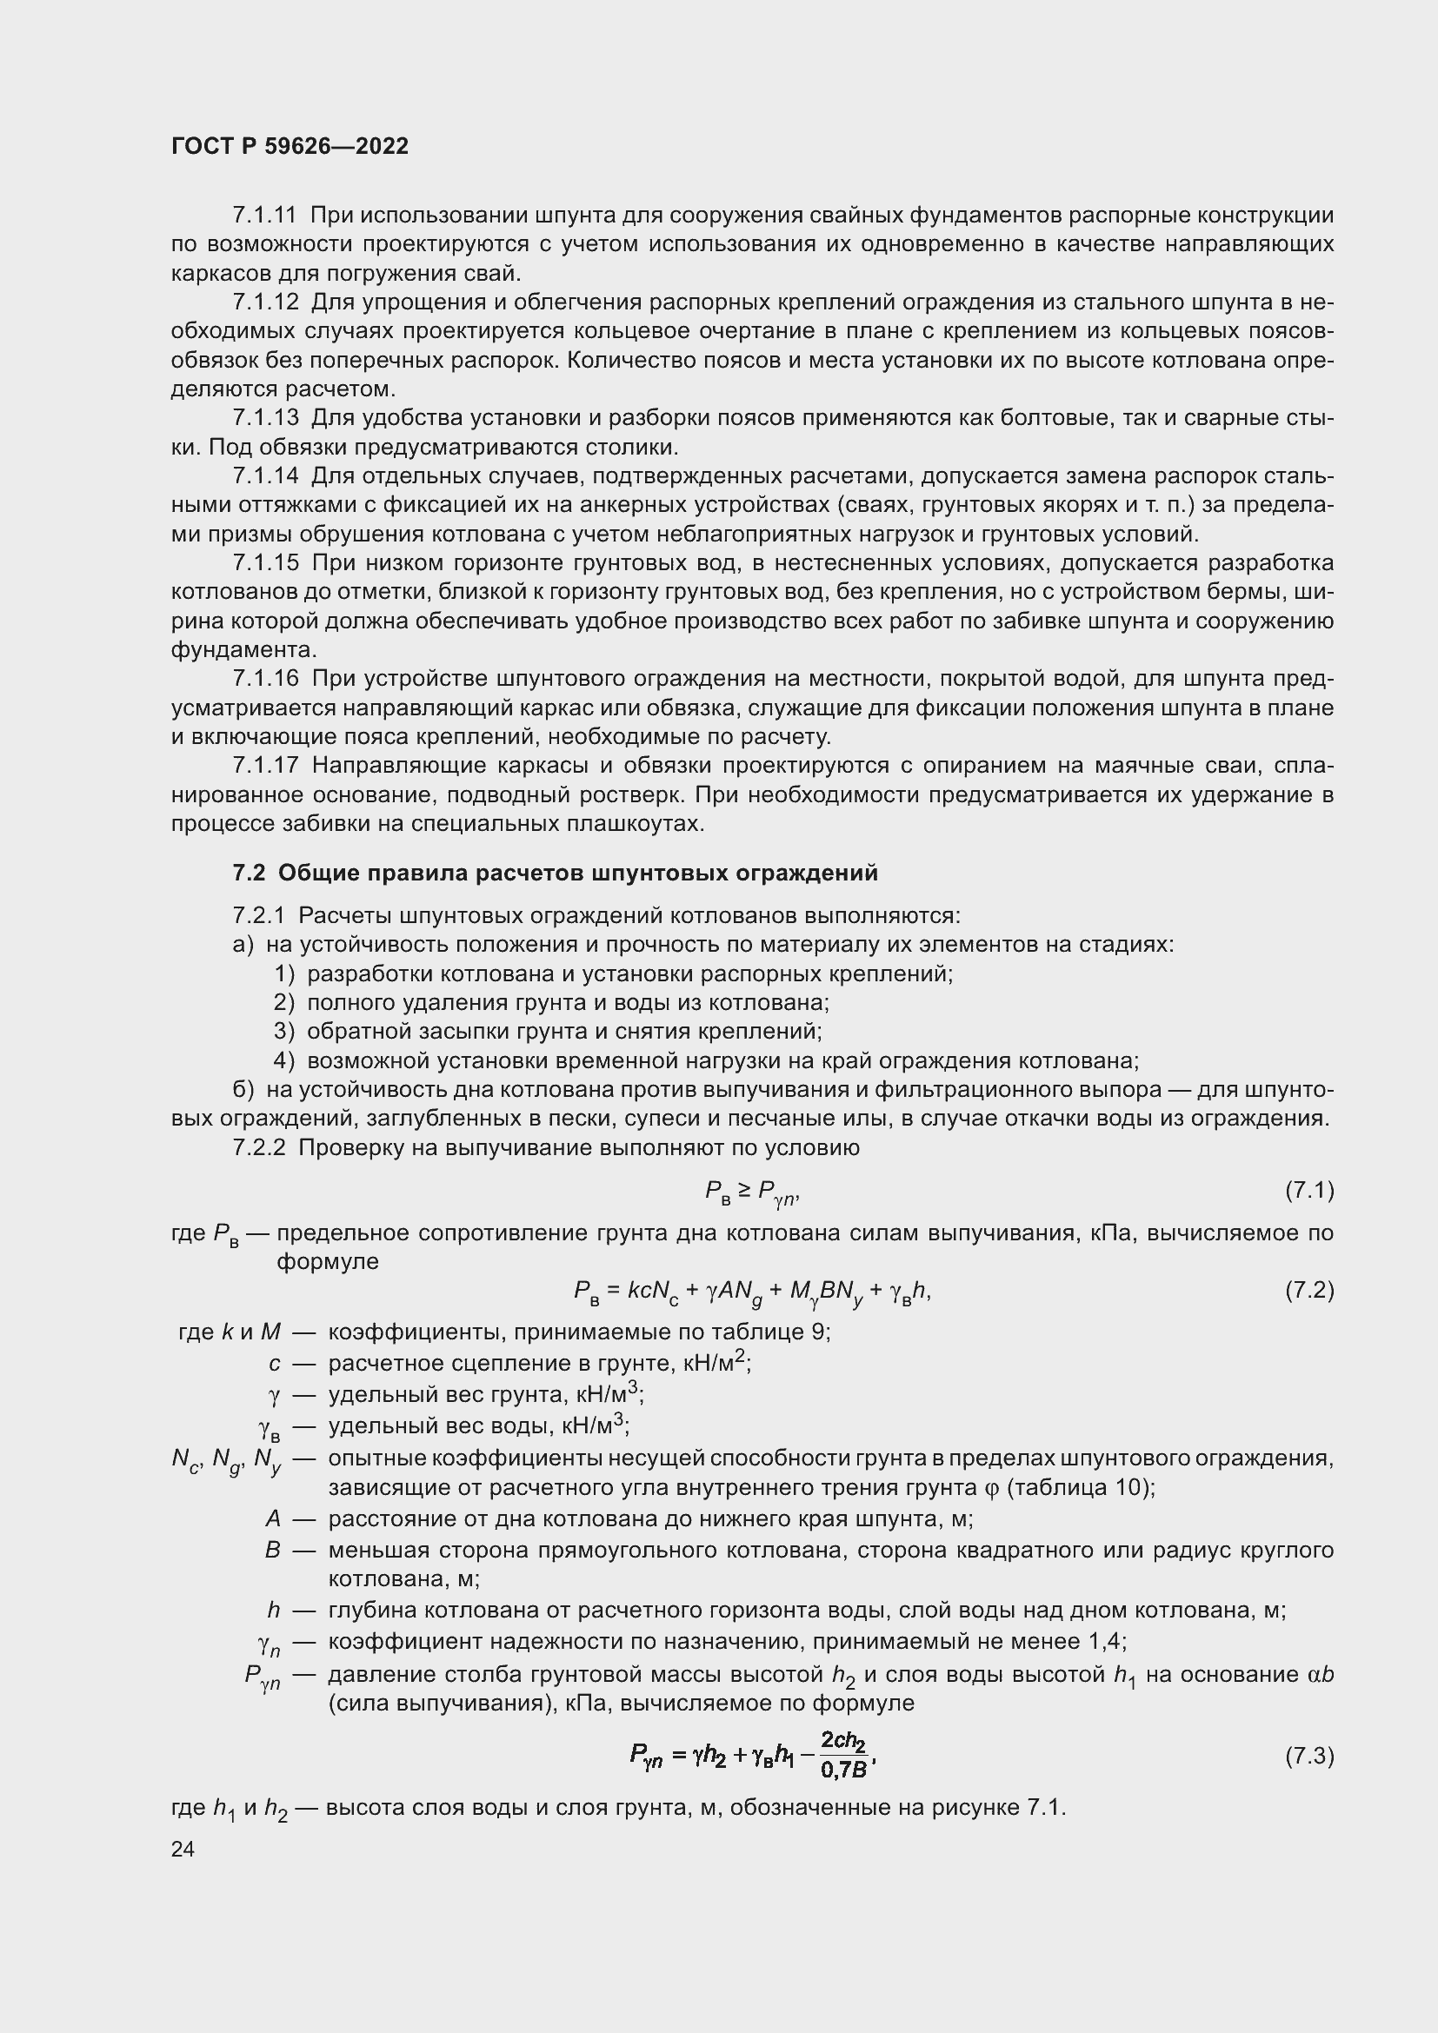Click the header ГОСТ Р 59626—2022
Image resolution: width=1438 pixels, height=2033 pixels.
coord(290,147)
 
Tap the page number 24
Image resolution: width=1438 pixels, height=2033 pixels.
coord(183,1849)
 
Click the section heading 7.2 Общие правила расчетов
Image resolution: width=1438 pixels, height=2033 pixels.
coord(556,873)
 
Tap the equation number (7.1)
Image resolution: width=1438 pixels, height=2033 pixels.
coord(1308,1191)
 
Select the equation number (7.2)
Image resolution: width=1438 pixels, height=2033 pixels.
coord(1308,1291)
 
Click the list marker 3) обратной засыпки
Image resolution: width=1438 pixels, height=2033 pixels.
coord(283,1032)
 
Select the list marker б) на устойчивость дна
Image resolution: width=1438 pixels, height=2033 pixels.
coord(243,1089)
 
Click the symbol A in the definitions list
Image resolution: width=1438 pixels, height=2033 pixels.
coord(274,1519)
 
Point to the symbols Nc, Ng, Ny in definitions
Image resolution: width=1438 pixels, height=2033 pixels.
coord(227,1460)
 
